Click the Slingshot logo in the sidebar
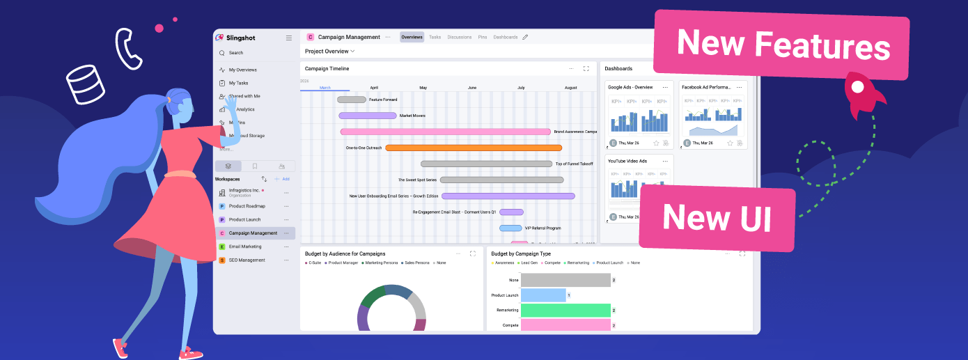coord(237,38)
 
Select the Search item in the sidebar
coord(236,53)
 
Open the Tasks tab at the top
coord(435,37)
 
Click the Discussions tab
coord(459,37)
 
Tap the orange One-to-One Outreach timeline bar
coord(474,148)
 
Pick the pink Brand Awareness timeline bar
coord(446,132)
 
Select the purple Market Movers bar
coord(368,116)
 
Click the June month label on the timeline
coord(472,88)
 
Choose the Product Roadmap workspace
coord(247,206)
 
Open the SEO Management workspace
coord(247,260)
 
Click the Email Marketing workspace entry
coord(245,246)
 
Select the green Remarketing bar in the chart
coord(565,310)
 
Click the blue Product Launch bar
coord(543,295)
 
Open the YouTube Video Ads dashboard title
coord(627,162)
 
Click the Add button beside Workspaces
coord(282,179)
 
